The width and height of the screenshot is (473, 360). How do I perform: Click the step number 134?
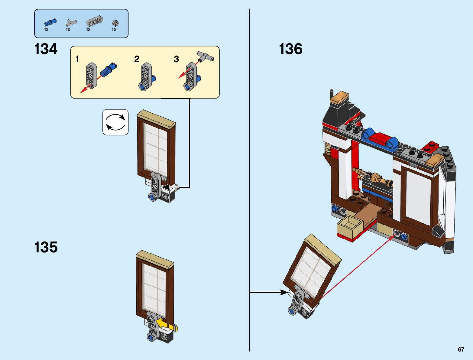[x=46, y=49]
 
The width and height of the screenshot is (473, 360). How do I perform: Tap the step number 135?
[x=46, y=247]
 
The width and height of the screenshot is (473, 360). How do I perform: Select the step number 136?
[x=290, y=49]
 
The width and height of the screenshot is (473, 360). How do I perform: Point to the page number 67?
[x=461, y=349]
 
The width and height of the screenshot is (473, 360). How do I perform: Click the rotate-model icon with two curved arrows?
[x=115, y=122]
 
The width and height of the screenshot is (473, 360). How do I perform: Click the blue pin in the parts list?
[x=50, y=22]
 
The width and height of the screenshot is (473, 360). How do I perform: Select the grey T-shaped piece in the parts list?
[x=71, y=23]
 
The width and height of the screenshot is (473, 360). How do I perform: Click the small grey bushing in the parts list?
[x=115, y=23]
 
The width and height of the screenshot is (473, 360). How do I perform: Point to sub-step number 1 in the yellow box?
[x=77, y=59]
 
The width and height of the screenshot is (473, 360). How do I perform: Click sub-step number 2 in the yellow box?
[x=137, y=59]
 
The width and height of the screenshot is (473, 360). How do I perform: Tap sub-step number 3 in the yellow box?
[x=177, y=59]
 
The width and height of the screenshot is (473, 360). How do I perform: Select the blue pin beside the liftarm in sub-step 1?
[x=109, y=70]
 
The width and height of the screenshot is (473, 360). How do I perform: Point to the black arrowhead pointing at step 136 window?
[x=284, y=292]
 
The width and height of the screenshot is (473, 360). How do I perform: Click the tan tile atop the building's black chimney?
[x=339, y=96]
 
